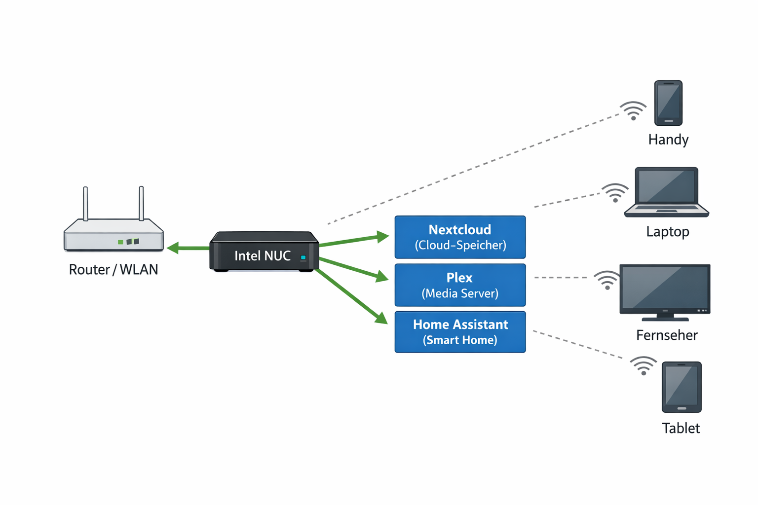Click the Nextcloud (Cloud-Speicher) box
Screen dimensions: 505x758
[460, 237]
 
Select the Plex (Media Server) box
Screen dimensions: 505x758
[460, 285]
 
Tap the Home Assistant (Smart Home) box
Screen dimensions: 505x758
[460, 332]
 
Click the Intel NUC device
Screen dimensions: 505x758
[264, 252]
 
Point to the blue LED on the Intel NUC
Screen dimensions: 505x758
[303, 257]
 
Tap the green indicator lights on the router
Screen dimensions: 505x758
[128, 242]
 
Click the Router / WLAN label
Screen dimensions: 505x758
[114, 270]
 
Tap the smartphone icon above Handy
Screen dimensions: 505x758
[668, 103]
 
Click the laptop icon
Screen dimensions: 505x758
[666, 192]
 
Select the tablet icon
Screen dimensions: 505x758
[682, 387]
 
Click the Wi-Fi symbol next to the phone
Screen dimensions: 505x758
[633, 111]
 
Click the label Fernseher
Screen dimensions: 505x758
[667, 335]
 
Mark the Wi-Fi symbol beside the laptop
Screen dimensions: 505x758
[615, 193]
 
